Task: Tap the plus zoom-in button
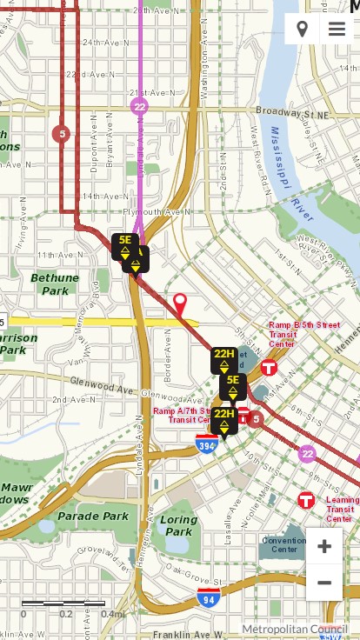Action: pos(324,546)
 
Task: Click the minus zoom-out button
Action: pos(324,583)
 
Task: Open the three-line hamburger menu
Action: pos(337,29)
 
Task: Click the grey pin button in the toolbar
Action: pos(302,29)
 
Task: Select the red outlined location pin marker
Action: pos(180,304)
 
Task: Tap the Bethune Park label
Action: pos(55,283)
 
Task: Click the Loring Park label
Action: pos(179,525)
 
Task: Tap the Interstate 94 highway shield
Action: pos(208,597)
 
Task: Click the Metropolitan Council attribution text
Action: pos(295,629)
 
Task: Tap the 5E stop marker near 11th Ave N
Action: pos(124,245)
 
